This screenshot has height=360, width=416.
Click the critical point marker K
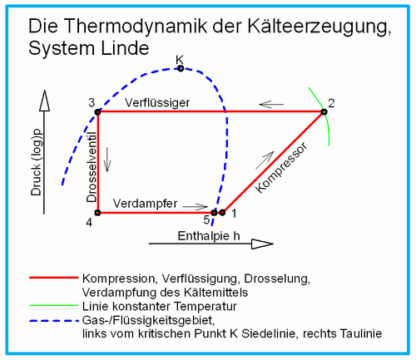(181, 68)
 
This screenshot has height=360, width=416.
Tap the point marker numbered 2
(324, 112)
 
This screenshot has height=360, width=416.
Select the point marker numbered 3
(97, 112)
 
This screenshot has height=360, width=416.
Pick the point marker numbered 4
(97, 213)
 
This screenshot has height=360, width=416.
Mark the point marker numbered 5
(214, 213)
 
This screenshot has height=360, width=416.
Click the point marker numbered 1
(222, 213)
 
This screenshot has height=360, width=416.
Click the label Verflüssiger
(157, 103)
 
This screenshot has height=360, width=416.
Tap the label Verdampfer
(145, 204)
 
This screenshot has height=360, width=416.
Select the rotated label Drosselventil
(92, 167)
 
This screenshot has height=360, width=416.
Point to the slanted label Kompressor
(281, 168)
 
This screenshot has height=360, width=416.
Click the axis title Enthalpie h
(209, 236)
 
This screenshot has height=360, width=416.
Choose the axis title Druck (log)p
(37, 163)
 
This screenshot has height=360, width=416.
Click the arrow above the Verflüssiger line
(271, 105)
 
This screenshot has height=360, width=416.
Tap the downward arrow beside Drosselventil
(107, 160)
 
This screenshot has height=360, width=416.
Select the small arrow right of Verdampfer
(196, 206)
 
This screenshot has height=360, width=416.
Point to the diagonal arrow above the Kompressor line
(265, 160)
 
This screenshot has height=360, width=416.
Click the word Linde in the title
(125, 48)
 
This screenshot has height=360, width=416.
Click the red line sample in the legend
(54, 278)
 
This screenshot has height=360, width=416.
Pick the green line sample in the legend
(54, 305)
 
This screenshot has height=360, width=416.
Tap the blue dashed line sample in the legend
(54, 321)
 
